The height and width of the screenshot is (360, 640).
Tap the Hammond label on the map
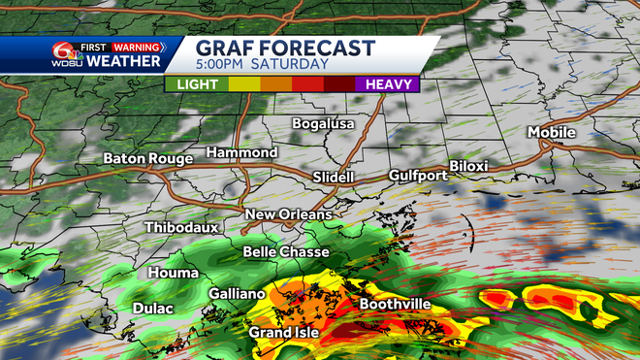point(242,152)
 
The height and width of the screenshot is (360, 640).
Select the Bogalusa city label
point(324,124)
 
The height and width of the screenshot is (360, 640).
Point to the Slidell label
point(334,178)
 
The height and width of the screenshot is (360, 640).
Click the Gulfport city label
point(418,176)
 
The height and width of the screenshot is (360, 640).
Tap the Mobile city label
point(551,132)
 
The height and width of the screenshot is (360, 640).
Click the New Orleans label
point(288,214)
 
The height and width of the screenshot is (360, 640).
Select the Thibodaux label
point(181,227)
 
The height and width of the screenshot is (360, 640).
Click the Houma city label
point(173,274)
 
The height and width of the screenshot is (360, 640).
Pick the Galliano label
point(237,293)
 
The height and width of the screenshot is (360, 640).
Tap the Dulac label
point(152,309)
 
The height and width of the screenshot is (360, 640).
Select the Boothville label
point(395,305)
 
